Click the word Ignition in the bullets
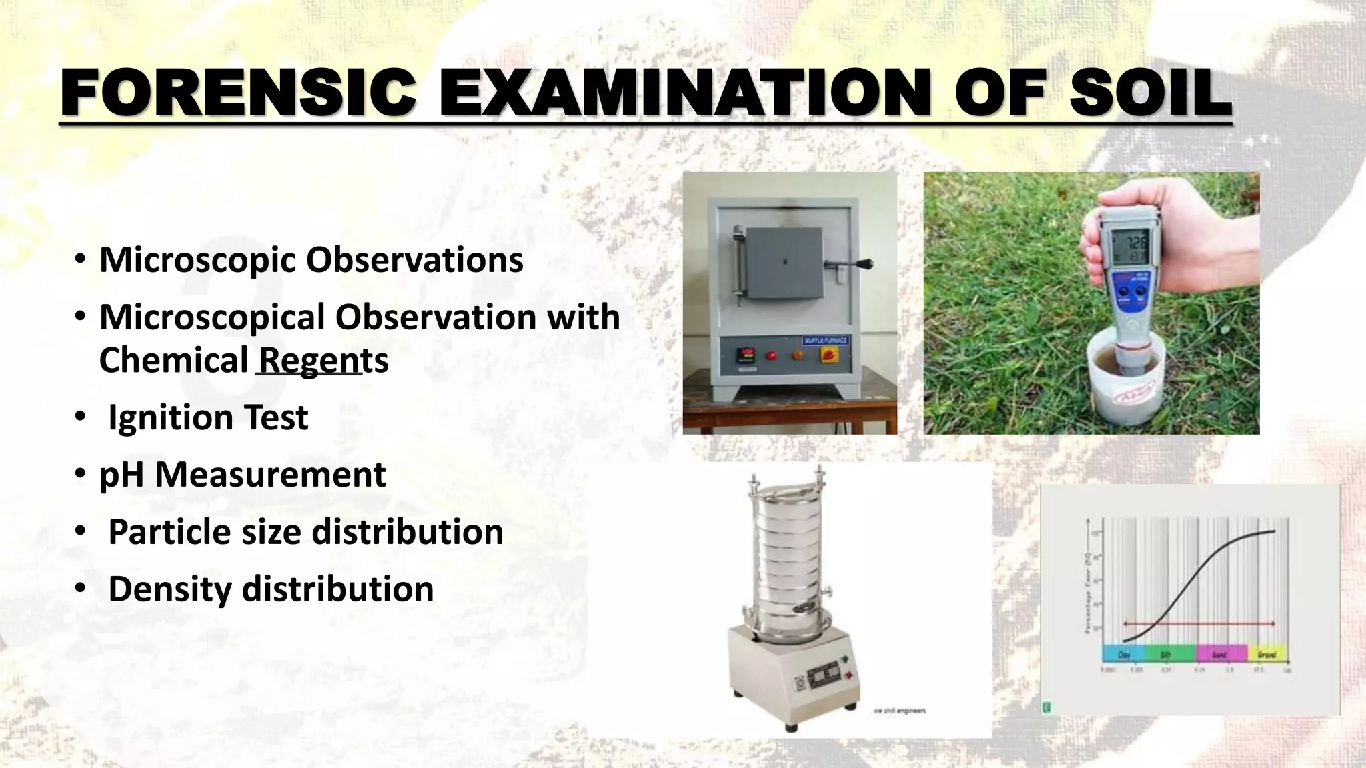click(170, 418)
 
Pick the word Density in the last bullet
click(169, 589)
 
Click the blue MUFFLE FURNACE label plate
click(825, 341)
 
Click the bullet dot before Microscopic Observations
click(80, 260)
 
